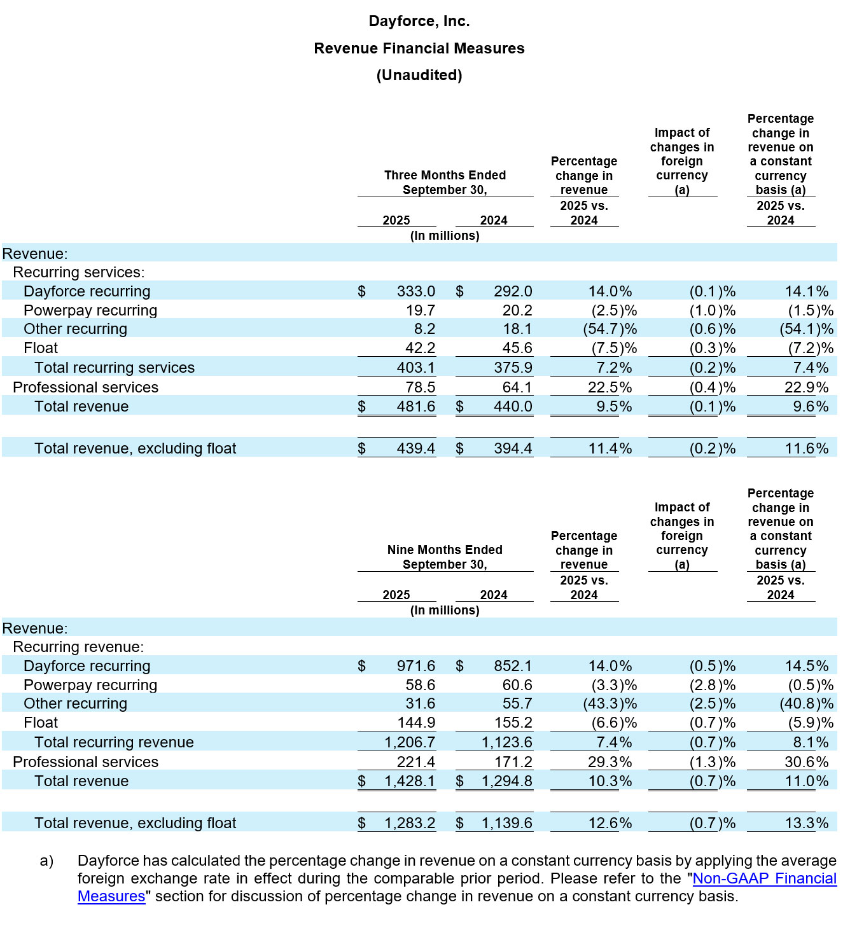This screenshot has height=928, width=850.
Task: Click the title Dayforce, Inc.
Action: (x=419, y=21)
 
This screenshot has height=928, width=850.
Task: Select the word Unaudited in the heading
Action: (x=419, y=75)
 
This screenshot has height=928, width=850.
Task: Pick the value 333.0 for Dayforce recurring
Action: (x=415, y=291)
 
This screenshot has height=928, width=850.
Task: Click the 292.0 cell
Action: (x=513, y=291)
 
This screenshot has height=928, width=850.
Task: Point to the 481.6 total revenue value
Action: (x=415, y=406)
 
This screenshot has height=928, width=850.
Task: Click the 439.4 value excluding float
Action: (x=415, y=448)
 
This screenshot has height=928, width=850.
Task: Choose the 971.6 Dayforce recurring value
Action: (x=415, y=666)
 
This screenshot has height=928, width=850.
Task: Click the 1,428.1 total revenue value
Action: (x=410, y=781)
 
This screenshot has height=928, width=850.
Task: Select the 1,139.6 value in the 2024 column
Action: (x=506, y=823)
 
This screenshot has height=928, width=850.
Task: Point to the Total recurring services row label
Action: (x=115, y=368)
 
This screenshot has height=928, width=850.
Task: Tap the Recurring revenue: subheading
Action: (x=78, y=647)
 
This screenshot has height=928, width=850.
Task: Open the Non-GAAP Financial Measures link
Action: (x=763, y=878)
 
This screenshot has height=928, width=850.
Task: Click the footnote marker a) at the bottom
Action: (x=46, y=861)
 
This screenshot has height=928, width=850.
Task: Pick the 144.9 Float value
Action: (x=415, y=723)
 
